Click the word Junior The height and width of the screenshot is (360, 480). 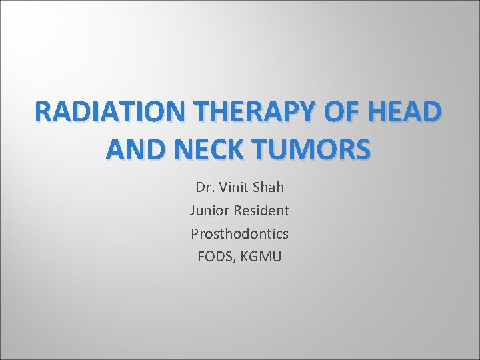(x=209, y=211)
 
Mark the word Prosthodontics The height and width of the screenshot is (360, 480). (x=239, y=233)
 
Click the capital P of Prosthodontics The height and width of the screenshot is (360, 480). (x=195, y=233)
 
